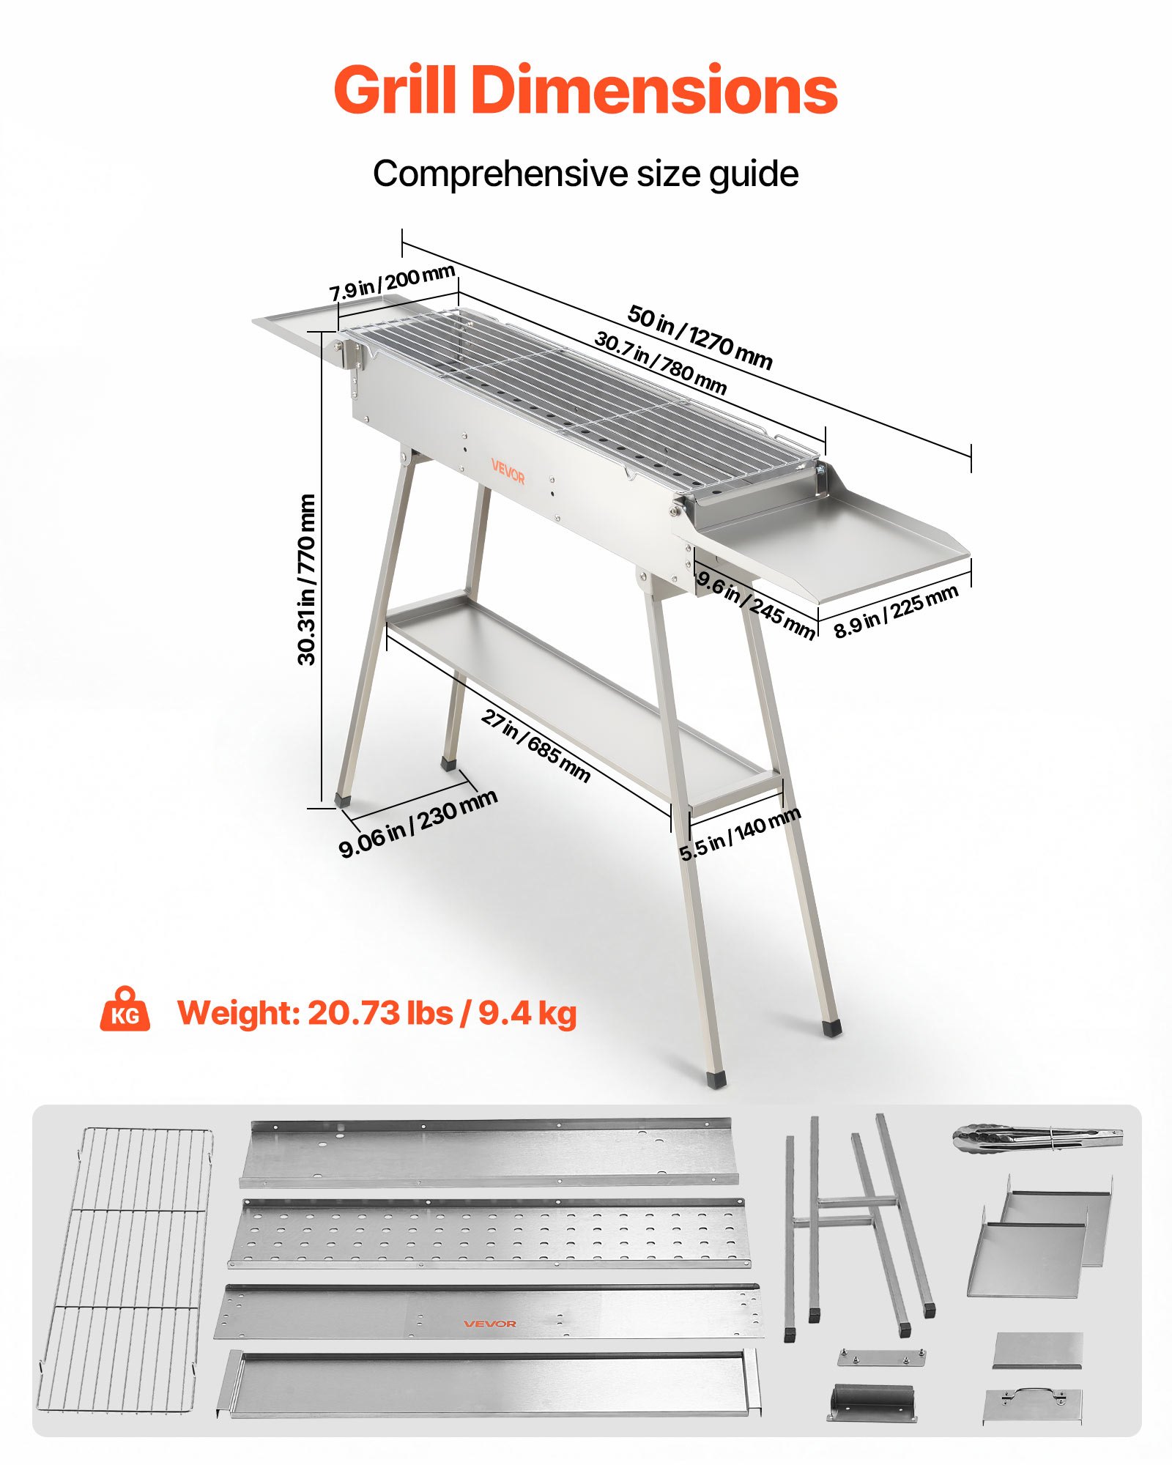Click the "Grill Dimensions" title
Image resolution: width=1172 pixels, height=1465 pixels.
click(x=585, y=89)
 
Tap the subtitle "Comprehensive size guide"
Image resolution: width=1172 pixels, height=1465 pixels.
click(x=585, y=174)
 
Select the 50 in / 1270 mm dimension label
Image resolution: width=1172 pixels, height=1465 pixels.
click(x=700, y=337)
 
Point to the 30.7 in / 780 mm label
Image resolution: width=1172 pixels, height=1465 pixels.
click(x=660, y=363)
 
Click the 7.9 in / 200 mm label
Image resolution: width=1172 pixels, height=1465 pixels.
click(x=392, y=283)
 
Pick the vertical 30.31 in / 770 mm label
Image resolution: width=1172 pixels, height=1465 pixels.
click(x=307, y=579)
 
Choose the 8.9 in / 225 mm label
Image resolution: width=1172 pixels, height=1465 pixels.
click(x=896, y=612)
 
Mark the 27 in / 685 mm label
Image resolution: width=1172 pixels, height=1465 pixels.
click(x=535, y=746)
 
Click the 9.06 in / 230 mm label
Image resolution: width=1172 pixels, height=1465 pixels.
click(x=418, y=823)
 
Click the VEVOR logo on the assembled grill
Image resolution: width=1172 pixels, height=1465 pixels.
click(x=508, y=472)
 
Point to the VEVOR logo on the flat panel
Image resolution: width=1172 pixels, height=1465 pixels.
click(x=489, y=1324)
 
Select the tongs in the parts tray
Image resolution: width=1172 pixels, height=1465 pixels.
click(x=1037, y=1140)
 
